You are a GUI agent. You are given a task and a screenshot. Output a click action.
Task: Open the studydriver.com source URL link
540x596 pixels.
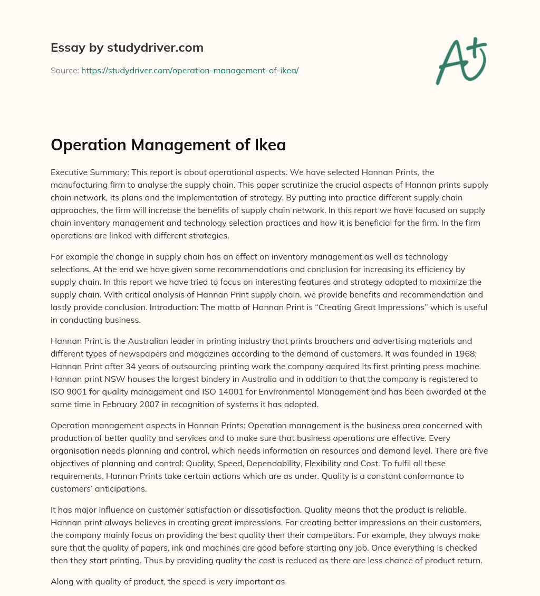190,70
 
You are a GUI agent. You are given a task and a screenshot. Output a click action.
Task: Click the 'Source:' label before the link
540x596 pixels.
64,70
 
